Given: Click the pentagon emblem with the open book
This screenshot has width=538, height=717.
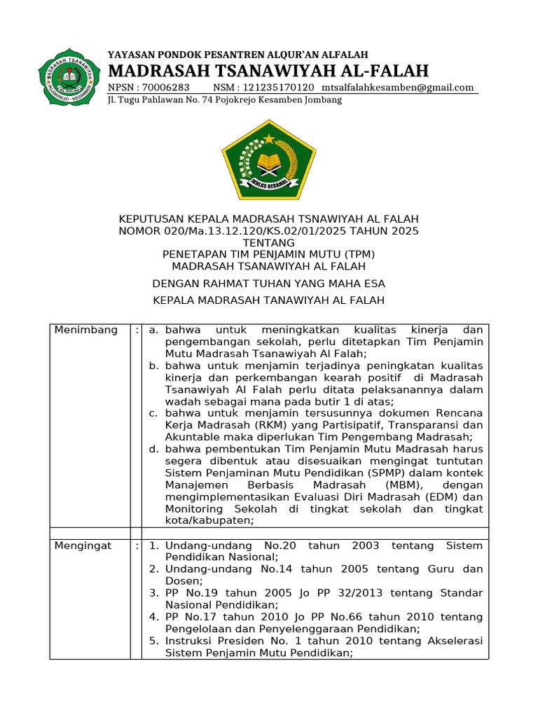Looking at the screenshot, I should pyautogui.click(x=269, y=160).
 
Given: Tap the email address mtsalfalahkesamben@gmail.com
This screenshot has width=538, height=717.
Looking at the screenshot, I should pyautogui.click(x=398, y=88).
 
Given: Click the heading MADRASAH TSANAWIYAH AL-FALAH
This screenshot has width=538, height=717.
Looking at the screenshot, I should pyautogui.click(x=268, y=71).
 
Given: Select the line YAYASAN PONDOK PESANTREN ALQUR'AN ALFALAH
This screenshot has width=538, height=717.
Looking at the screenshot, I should pyautogui.click(x=237, y=55).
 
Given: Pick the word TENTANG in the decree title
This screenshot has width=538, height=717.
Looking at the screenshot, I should pyautogui.click(x=269, y=242).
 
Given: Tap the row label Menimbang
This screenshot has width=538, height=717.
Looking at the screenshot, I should pyautogui.click(x=86, y=330).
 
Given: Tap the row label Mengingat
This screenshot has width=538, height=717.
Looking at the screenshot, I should pyautogui.click(x=83, y=545).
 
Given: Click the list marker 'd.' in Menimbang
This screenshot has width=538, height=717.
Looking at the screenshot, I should pyautogui.click(x=154, y=449).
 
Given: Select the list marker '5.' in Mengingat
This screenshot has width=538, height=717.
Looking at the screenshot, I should pyautogui.click(x=154, y=641).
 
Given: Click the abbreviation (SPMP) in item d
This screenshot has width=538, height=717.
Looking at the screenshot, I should pyautogui.click(x=378, y=473).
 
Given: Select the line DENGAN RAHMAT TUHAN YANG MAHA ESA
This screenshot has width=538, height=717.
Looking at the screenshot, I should pyautogui.click(x=269, y=284).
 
